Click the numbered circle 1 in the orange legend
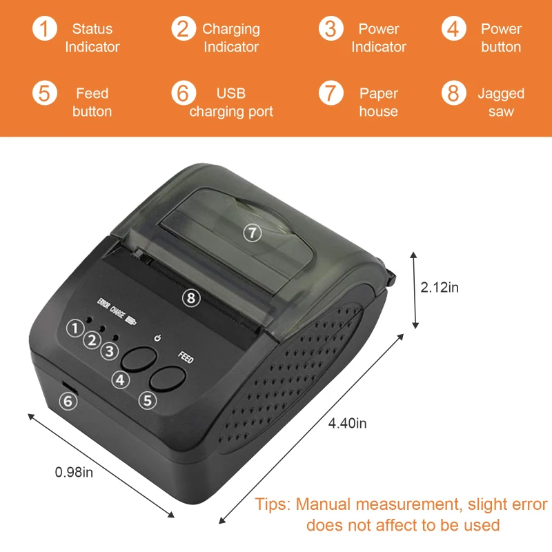click(x=45, y=30)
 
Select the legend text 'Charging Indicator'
click(x=230, y=38)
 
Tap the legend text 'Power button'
click(x=501, y=38)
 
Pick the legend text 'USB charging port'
click(x=231, y=102)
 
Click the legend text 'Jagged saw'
click(x=501, y=102)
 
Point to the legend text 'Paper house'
click(x=378, y=102)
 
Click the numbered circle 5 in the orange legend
click(x=45, y=93)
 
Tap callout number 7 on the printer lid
click(x=253, y=233)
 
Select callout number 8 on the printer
click(x=191, y=297)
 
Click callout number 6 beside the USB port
click(x=68, y=400)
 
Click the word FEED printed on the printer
click(x=186, y=357)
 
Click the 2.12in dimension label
click(x=440, y=288)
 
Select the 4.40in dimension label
click(x=347, y=423)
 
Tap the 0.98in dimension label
click(x=74, y=472)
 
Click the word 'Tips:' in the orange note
click(x=273, y=504)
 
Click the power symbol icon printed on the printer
click(x=158, y=338)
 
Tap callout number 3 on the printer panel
click(x=109, y=351)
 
